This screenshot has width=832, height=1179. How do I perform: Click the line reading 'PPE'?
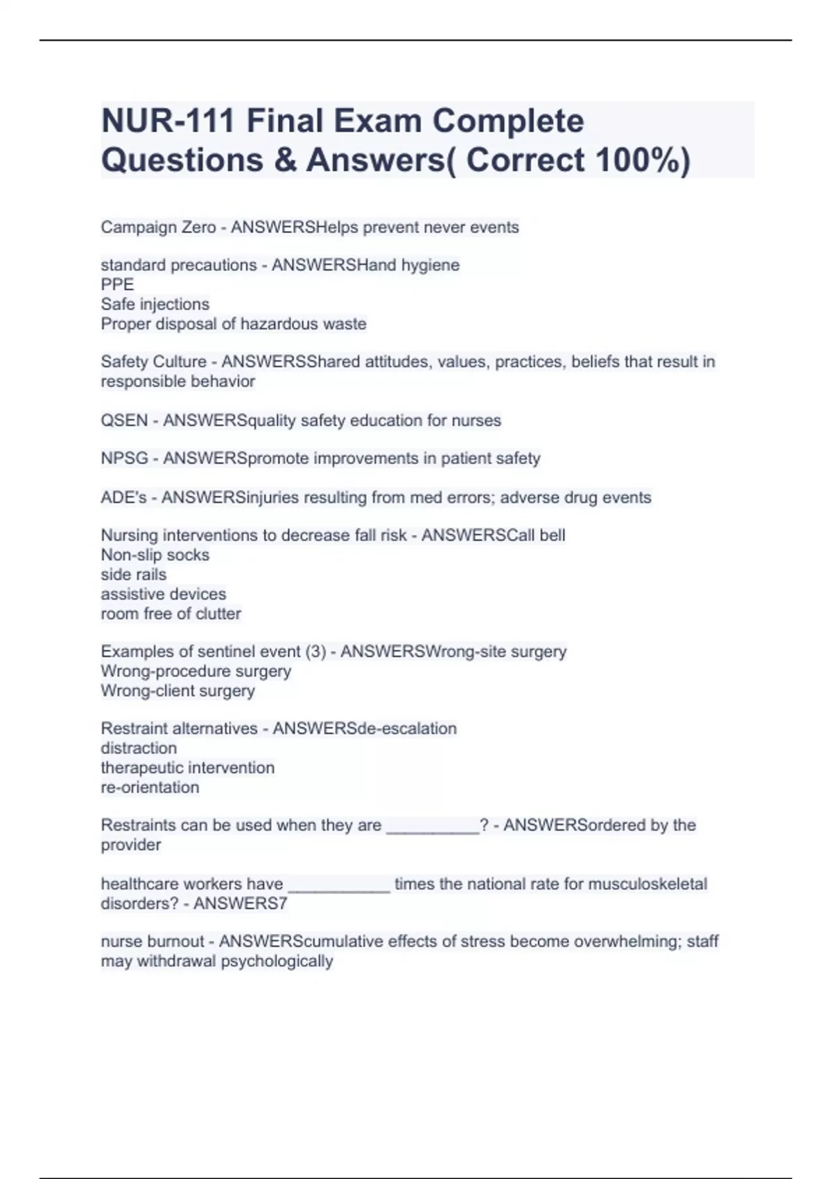[117, 284]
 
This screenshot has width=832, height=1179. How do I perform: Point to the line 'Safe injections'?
[155, 304]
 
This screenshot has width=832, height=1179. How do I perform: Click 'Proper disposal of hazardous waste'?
[233, 324]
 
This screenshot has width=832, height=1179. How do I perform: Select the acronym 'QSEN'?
[124, 420]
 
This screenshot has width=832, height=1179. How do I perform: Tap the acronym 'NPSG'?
[124, 458]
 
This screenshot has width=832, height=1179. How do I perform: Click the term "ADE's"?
[123, 497]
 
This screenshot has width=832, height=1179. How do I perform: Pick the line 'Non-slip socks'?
[155, 555]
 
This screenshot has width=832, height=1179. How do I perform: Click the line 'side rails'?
[133, 574]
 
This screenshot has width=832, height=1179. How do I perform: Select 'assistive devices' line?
[163, 594]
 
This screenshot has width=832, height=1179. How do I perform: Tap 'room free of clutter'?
[171, 614]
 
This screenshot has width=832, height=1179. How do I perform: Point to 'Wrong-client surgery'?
[177, 691]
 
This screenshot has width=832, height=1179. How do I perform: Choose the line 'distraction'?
[139, 748]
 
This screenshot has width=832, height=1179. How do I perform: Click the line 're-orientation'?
[150, 788]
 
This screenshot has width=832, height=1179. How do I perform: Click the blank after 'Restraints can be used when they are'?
[433, 827]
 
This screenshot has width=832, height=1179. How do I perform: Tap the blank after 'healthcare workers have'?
[339, 886]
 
